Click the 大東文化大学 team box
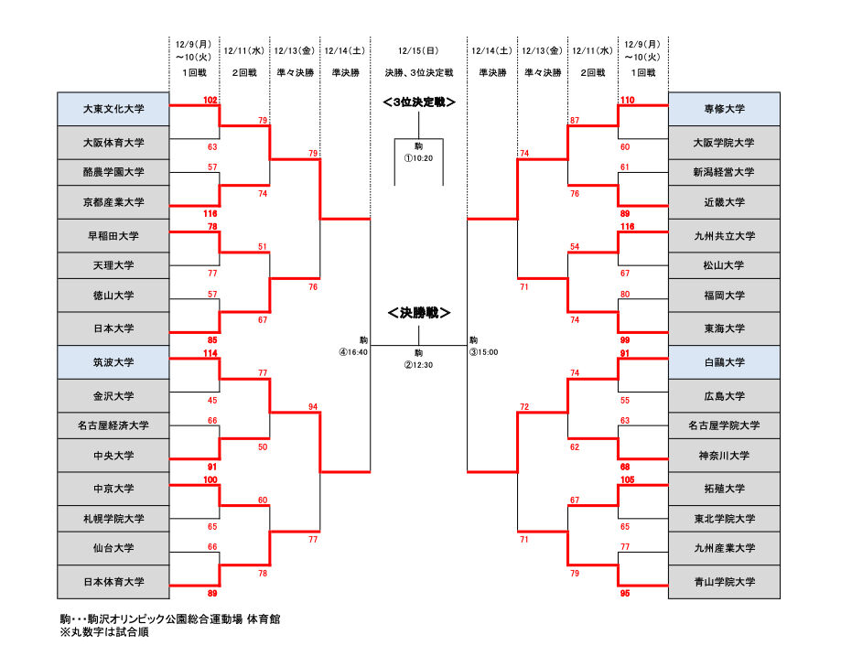click(113, 109)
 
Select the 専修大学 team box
click(724, 109)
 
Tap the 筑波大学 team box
click(113, 362)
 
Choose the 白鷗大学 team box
click(724, 362)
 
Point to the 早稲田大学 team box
click(113, 235)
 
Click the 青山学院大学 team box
click(724, 582)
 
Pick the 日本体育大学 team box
click(113, 582)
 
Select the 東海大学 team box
click(724, 328)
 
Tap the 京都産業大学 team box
click(113, 202)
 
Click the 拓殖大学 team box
click(724, 489)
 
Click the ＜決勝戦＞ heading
click(419, 312)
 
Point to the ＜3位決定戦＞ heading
click(419, 102)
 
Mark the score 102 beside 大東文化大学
click(210, 101)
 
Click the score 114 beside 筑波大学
click(210, 353)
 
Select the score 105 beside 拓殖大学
click(628, 479)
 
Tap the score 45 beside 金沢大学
click(212, 400)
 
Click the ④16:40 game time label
click(353, 352)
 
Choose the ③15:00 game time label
click(484, 352)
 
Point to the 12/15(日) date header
click(418, 51)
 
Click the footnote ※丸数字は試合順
click(104, 632)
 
